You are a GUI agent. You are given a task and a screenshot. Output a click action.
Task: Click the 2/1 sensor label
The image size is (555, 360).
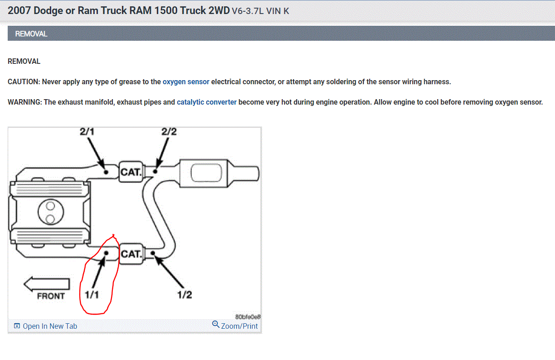(x=87, y=132)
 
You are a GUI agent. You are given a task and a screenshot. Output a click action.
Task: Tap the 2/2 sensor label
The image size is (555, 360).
(x=169, y=132)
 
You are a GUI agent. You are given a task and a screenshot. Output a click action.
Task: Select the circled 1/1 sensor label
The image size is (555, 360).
(x=92, y=295)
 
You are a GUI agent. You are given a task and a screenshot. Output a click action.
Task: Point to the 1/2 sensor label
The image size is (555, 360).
(x=184, y=295)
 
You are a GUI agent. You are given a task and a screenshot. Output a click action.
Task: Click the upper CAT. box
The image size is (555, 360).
(x=130, y=172)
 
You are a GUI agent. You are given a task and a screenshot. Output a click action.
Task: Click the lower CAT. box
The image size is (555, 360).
(x=130, y=254)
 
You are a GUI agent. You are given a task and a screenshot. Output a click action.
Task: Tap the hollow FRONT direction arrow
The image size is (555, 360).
(x=47, y=284)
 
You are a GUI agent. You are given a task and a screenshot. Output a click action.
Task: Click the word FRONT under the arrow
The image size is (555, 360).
(x=51, y=296)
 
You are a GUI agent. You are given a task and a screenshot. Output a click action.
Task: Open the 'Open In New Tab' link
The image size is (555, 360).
(x=50, y=326)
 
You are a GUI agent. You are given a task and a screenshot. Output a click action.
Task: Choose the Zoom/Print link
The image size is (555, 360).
(x=239, y=326)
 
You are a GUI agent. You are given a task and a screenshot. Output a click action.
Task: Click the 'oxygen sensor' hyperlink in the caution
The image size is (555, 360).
(x=186, y=82)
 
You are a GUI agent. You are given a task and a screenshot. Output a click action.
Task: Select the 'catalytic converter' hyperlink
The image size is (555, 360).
(x=207, y=102)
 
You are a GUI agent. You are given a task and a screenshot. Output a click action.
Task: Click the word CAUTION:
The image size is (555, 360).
(x=24, y=82)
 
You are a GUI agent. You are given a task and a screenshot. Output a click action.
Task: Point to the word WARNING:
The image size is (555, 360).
(x=25, y=102)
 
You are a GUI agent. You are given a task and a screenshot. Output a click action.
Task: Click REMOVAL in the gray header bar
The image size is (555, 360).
(x=31, y=34)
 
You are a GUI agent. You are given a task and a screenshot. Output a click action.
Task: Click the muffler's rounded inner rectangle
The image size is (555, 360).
(x=207, y=173)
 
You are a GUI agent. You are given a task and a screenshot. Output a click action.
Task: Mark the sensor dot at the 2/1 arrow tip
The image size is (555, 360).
(x=106, y=172)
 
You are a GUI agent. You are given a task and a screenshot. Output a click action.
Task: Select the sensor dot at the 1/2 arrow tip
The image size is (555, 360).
(x=153, y=253)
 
